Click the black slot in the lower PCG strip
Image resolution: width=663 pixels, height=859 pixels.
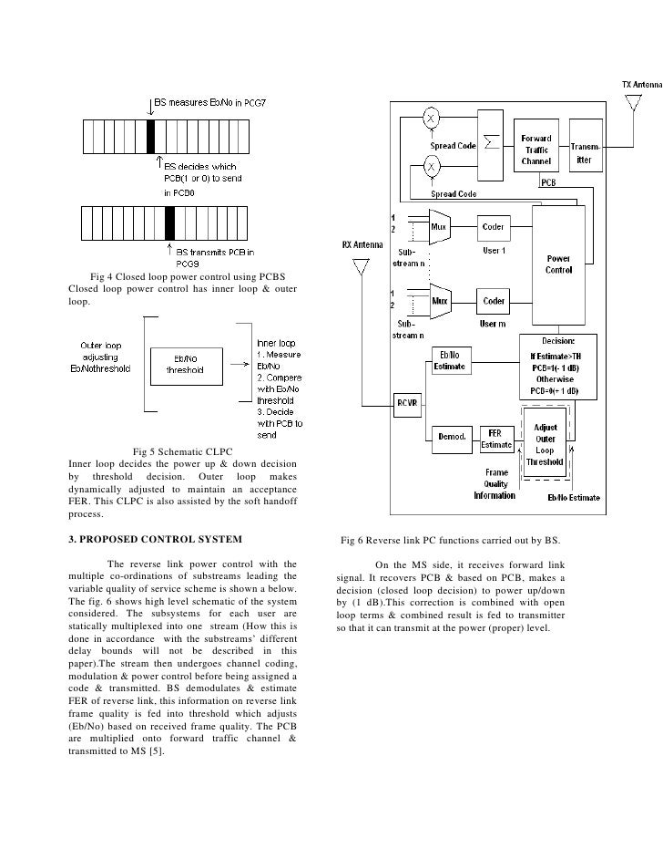(169, 222)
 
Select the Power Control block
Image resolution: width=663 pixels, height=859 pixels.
(557, 264)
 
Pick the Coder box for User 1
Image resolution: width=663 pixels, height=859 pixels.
(494, 225)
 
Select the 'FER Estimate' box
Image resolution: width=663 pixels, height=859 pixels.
(495, 437)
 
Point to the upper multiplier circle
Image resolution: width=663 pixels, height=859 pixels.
(433, 119)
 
